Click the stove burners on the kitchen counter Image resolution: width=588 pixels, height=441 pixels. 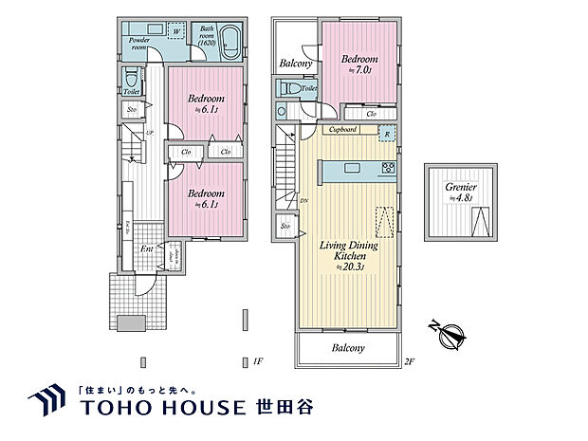pos(388,169)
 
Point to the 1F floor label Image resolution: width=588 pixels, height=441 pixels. pos(256,361)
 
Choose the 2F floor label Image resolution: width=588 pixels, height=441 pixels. pos(410,361)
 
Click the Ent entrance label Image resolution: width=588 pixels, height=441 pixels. pos(147,249)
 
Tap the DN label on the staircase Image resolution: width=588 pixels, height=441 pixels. pos(304,201)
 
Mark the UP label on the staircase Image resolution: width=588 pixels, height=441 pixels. pos(149,133)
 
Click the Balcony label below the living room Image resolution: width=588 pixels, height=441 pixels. pos(348,348)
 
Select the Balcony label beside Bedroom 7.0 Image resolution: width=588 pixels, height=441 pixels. pos(297,64)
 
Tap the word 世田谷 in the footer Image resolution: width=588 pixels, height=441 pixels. pos(283,407)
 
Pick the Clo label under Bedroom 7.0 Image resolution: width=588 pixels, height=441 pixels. pos(373,115)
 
